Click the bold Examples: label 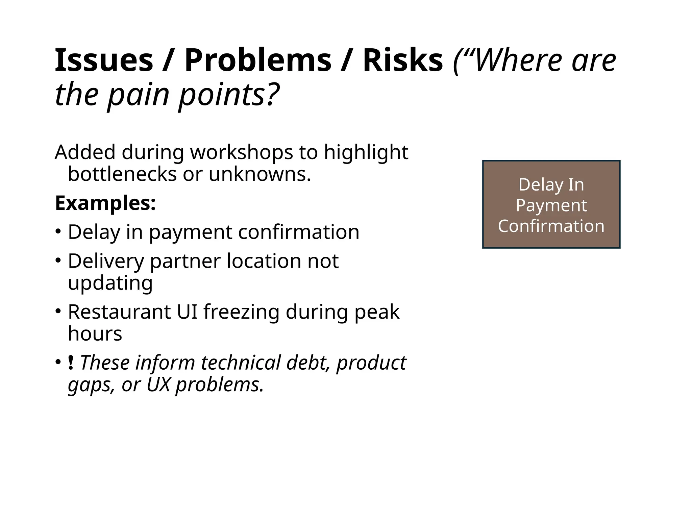click(105, 203)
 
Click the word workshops click(241, 152)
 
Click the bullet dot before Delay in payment click(58, 232)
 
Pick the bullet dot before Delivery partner click(58, 261)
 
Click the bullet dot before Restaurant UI click(58, 311)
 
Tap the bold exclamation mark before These click(71, 363)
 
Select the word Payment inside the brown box click(551, 205)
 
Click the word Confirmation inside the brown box click(551, 226)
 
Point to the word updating click(110, 283)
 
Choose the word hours click(95, 334)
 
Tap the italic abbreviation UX click(158, 385)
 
